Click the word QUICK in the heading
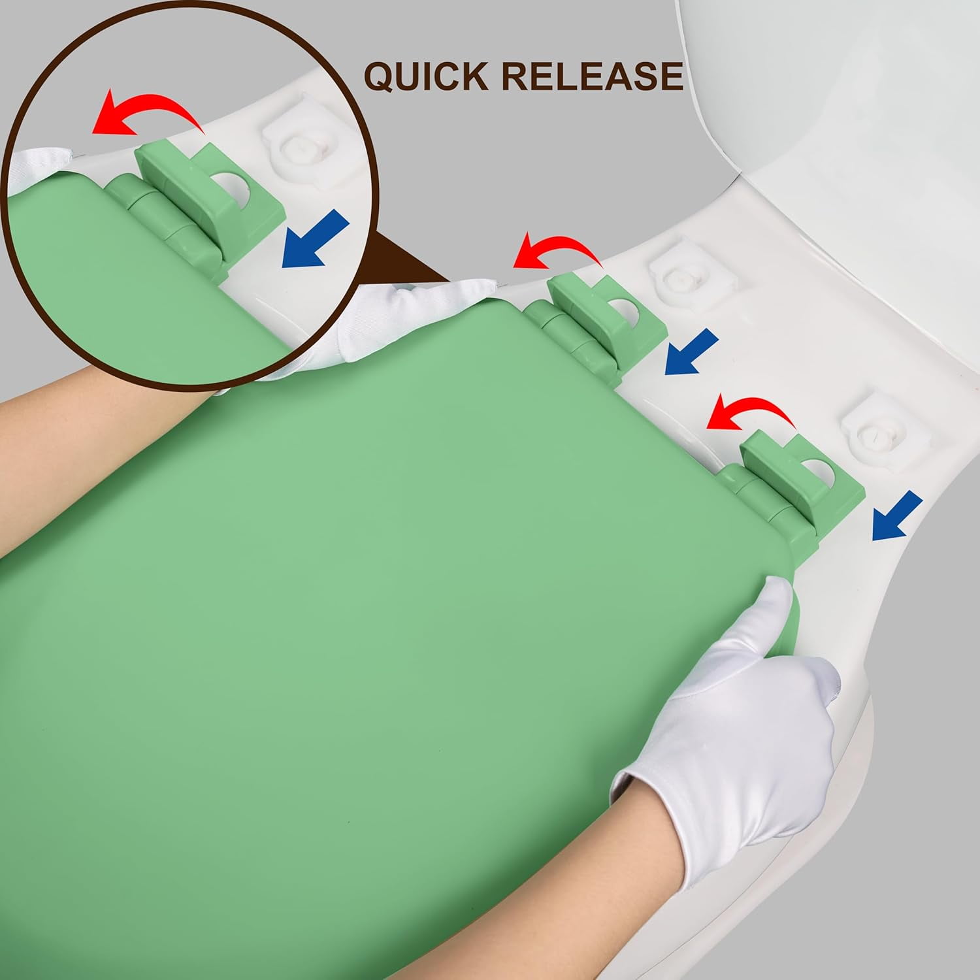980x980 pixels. coord(425,76)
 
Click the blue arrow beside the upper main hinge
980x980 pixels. coord(691,353)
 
